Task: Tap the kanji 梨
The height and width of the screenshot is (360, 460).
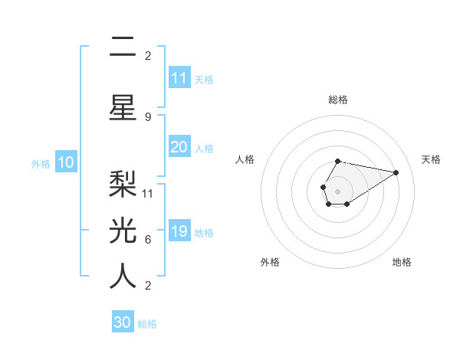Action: pos(123,182)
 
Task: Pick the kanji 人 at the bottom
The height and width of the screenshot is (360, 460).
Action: pos(123,275)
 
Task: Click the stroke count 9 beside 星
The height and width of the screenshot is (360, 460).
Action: pos(148,116)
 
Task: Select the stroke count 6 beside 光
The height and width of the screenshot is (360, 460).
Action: pos(148,239)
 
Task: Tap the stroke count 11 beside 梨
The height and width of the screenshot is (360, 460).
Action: pos(149,193)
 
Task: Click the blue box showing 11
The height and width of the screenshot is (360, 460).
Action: pos(179,78)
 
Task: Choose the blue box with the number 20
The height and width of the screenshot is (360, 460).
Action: pos(179,147)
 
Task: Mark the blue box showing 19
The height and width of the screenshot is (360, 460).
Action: pos(179,231)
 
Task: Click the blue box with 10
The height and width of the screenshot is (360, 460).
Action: pos(66,162)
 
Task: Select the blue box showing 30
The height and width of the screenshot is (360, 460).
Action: pos(123,322)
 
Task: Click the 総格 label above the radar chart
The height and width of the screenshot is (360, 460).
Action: pos(338,100)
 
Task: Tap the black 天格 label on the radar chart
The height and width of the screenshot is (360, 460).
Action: pos(431,159)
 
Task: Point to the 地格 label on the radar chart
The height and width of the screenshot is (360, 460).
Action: pos(402,262)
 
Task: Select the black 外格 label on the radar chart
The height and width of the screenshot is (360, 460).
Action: pos(270,262)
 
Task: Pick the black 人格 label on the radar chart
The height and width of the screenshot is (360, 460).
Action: pos(245,159)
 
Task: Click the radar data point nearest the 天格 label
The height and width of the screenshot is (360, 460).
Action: pos(396,172)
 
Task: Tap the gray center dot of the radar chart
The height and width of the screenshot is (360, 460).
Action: pos(337,191)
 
